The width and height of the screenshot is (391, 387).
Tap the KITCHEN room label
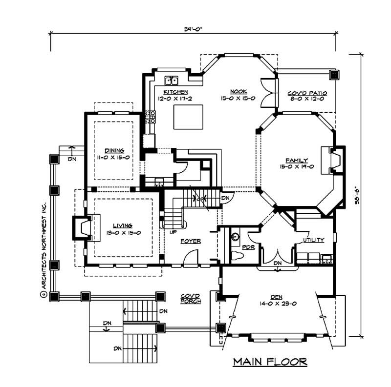pos(175,92)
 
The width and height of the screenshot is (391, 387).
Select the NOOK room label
pos(239,92)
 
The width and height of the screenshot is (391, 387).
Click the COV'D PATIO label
pos(307,93)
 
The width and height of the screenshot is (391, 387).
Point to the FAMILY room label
pos(297,160)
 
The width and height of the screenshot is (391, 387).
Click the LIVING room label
pos(123,225)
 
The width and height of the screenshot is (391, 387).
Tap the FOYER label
pos(190,241)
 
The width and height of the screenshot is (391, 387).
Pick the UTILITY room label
pos(313,241)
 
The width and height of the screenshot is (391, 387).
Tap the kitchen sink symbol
pos(171,80)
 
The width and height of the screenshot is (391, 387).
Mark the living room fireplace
pos(81,228)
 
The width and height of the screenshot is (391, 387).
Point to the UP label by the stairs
pos(173,232)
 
